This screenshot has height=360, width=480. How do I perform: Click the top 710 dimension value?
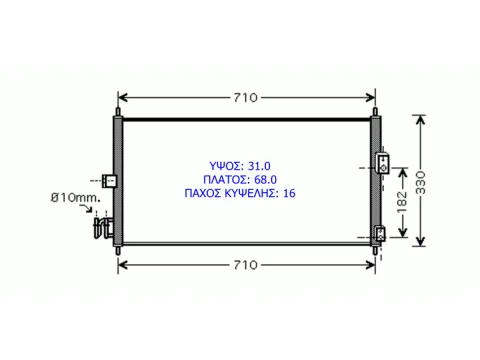pos(245,98)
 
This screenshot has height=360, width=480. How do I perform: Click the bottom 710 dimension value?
pos(245,265)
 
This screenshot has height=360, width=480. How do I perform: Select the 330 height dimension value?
pos(421,182)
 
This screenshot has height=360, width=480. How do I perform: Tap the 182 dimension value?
pos(402,202)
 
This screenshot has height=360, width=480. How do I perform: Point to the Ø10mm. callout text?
pos(76,198)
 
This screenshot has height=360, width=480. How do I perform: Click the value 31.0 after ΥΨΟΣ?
pos(259,166)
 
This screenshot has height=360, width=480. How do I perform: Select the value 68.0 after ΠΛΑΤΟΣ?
pos(265,180)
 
